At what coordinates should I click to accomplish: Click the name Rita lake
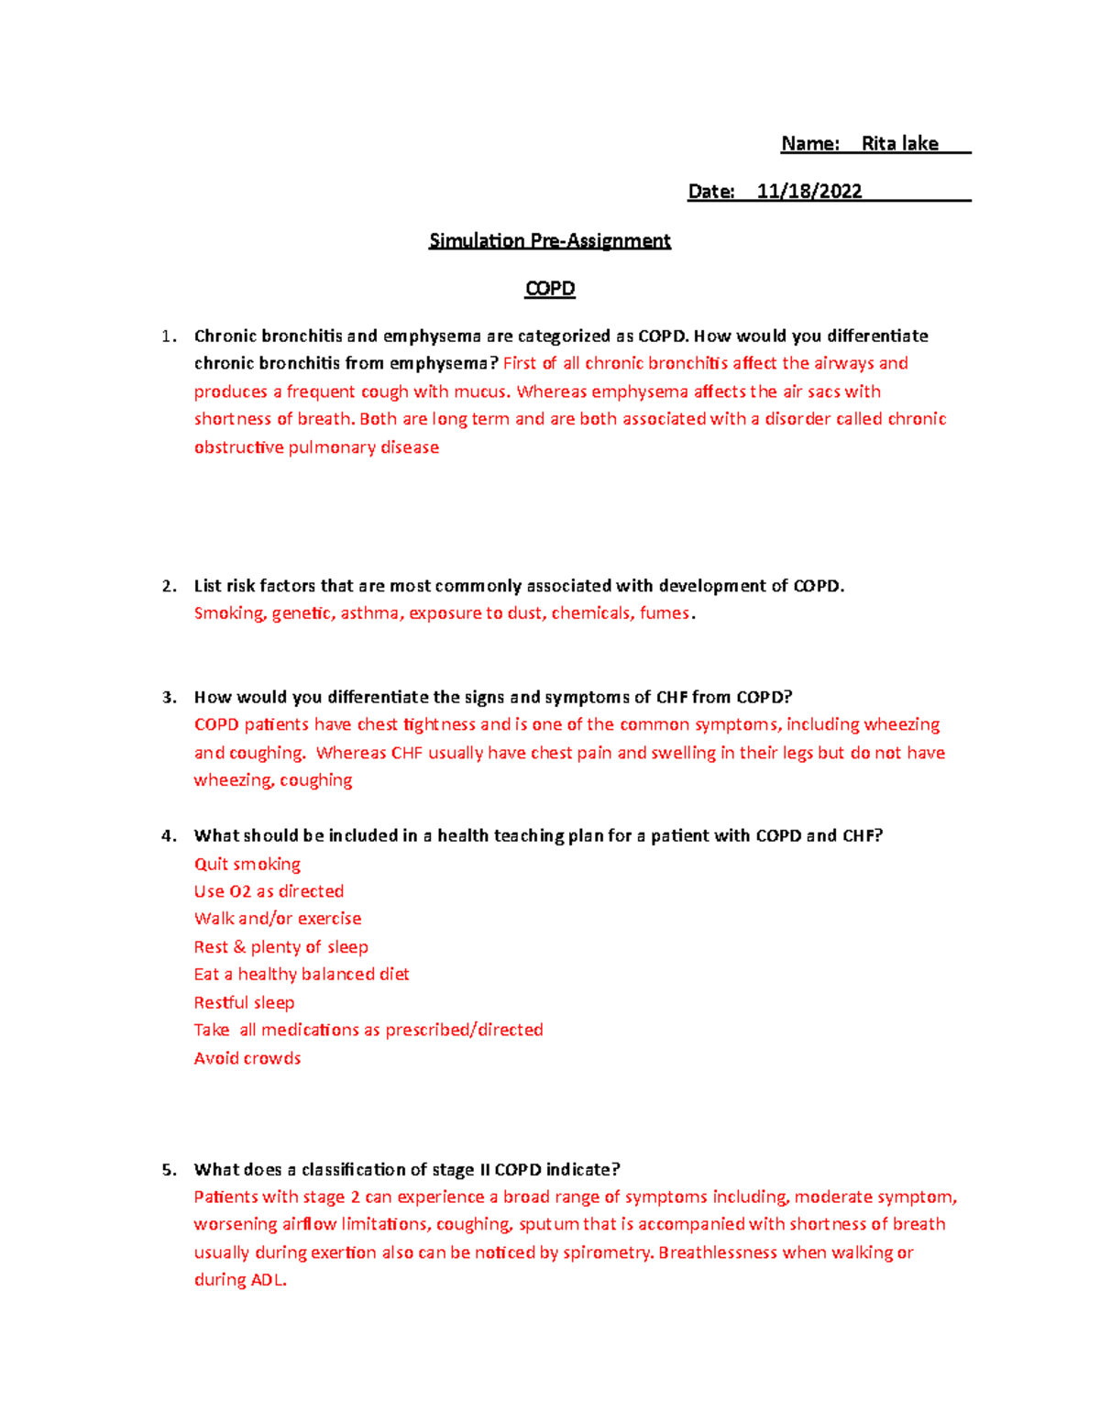click(x=899, y=143)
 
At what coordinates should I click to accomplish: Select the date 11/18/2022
click(x=809, y=191)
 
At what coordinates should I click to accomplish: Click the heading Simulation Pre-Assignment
click(x=550, y=240)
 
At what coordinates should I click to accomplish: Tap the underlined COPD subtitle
click(x=550, y=288)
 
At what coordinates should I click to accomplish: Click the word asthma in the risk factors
click(x=370, y=613)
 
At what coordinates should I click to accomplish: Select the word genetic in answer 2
click(x=302, y=613)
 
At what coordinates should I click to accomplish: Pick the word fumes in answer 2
click(x=665, y=613)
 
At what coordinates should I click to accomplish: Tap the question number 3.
click(x=169, y=697)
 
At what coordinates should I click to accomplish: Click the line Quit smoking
click(x=247, y=864)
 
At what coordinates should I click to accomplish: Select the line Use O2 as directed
click(x=269, y=891)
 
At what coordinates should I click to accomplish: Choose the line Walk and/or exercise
click(x=278, y=919)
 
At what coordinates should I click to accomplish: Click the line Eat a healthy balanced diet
click(x=302, y=974)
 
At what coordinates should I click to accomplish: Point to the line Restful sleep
click(x=244, y=1002)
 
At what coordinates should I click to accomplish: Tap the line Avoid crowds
click(x=247, y=1058)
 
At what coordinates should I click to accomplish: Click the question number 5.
click(x=169, y=1169)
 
